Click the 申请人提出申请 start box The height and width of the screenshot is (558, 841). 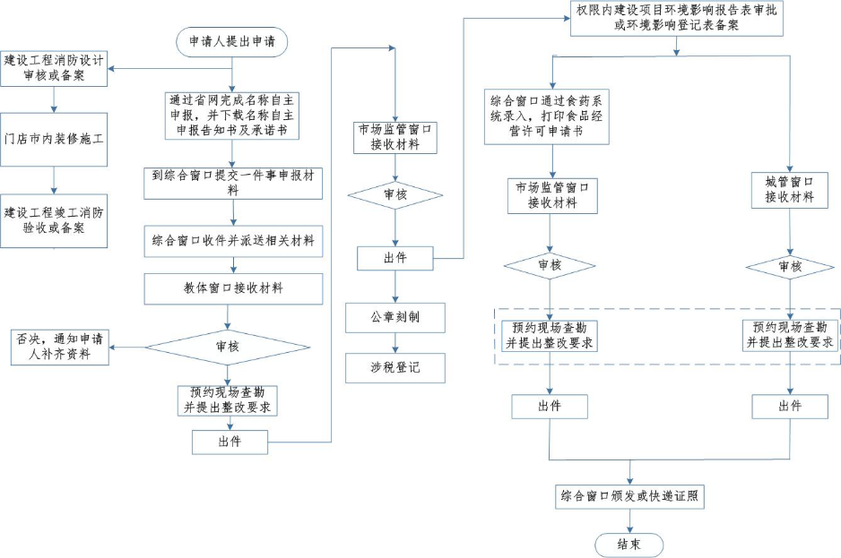232,41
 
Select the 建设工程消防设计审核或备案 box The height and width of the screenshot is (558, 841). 54,69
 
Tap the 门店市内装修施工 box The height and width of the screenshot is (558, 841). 54,140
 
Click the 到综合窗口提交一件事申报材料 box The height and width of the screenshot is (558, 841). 233,183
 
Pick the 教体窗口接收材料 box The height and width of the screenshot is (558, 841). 233,288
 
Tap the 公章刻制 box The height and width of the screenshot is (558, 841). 395,318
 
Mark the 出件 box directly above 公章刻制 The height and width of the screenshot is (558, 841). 395,258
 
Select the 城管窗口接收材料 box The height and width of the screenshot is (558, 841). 789,189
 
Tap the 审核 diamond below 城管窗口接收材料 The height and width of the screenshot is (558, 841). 789,266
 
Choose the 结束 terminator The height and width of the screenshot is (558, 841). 629,545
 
